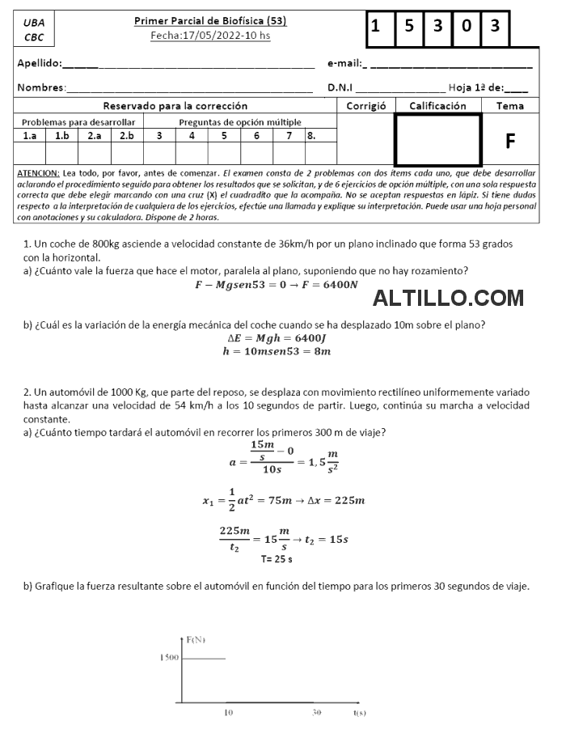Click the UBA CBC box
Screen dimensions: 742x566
tap(34, 30)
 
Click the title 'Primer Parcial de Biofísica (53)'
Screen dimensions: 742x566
tap(210, 21)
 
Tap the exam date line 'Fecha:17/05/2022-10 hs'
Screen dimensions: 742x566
tap(210, 36)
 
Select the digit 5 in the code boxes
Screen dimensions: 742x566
tap(409, 27)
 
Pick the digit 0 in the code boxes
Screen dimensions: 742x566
tap(467, 27)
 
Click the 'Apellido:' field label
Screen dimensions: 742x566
tap(40, 63)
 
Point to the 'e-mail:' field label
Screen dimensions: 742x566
tap(344, 63)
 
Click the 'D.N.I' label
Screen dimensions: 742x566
tap(340, 87)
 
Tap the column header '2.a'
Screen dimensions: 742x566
tap(95, 136)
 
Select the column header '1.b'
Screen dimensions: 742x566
tap(62, 136)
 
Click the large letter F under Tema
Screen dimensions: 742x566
tap(510, 142)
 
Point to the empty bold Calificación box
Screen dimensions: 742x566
tap(437, 139)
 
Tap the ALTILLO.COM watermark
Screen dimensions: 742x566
tap(448, 299)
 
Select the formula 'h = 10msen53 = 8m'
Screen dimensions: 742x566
tap(277, 352)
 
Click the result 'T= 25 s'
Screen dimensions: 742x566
tap(277, 558)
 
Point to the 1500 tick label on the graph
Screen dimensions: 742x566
tap(168, 658)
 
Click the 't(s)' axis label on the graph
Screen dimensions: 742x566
tap(360, 713)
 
